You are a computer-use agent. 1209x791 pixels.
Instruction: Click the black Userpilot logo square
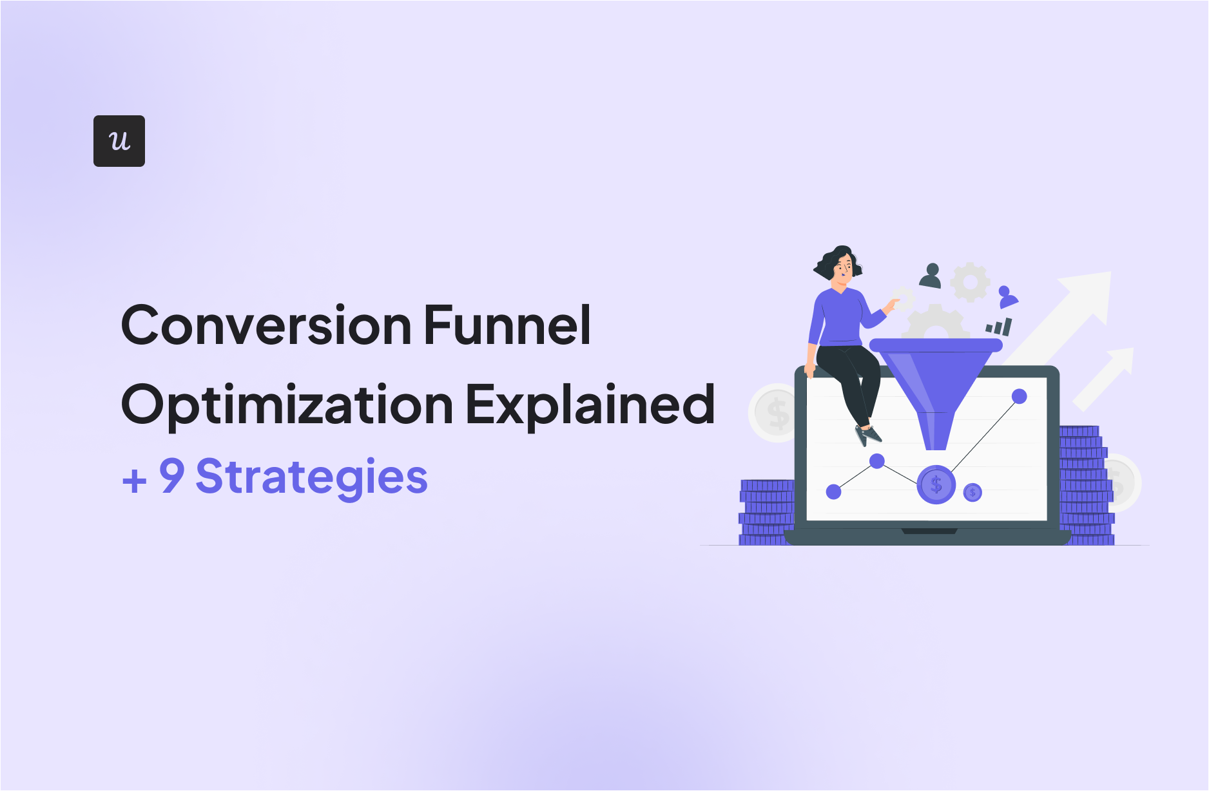[119, 141]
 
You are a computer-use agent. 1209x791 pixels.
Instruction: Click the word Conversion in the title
[266, 325]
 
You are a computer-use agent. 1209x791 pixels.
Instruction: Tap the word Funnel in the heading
[507, 325]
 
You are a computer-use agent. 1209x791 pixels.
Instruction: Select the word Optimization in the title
[287, 405]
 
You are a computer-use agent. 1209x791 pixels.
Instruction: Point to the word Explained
[590, 404]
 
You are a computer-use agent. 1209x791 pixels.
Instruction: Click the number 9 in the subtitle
[172, 476]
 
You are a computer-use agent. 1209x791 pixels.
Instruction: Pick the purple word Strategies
[312, 477]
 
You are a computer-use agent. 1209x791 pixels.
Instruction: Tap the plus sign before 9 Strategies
[134, 481]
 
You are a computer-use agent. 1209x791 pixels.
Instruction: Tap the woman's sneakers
[867, 435]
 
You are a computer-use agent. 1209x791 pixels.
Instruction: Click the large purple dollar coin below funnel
[936, 484]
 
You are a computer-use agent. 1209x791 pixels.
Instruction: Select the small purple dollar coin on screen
[972, 493]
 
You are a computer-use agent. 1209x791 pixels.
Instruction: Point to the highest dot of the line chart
[1019, 396]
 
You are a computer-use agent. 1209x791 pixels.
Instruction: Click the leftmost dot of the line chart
[833, 491]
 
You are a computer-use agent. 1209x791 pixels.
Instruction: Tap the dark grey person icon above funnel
[931, 276]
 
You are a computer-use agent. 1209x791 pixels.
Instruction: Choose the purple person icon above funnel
[1007, 297]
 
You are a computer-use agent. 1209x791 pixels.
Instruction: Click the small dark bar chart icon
[1000, 327]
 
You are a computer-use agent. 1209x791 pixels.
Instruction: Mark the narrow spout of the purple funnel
[935, 431]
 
